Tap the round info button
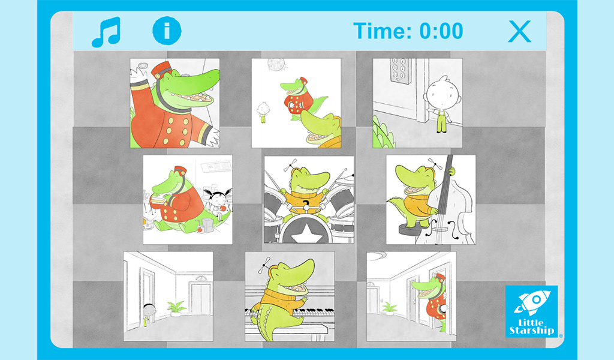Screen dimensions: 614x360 pos(167,31)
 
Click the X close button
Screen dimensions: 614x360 pos(520,31)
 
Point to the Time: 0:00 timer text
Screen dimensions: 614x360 pos(408,31)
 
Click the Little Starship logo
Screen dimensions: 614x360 pos(531,311)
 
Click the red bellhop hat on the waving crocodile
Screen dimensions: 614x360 pos(161,71)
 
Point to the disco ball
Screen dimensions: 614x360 pos(273,65)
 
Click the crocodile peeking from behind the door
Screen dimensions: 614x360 pos(432,299)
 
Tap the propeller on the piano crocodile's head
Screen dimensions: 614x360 pos(264,265)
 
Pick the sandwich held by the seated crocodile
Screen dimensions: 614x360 pos(158,199)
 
